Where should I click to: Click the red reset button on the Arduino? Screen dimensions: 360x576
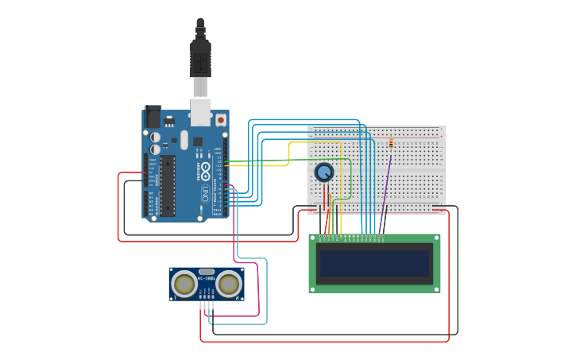point(220,119)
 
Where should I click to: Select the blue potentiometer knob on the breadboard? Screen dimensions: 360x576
point(323,172)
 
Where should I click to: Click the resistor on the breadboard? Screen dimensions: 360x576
point(391,144)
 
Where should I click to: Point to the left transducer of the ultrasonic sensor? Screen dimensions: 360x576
point(184,284)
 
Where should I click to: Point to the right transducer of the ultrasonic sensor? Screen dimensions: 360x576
point(229,284)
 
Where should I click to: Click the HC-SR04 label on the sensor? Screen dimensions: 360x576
point(207,278)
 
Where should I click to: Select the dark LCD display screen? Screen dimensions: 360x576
point(374,263)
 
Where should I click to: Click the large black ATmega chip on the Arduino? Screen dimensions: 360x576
point(167,184)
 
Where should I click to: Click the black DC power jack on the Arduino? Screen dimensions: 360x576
point(152,117)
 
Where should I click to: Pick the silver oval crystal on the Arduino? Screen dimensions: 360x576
point(184,140)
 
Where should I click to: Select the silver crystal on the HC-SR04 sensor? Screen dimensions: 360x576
point(207,270)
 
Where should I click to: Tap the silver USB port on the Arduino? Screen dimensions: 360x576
point(200,112)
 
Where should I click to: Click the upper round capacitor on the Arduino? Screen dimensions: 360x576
point(156,137)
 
